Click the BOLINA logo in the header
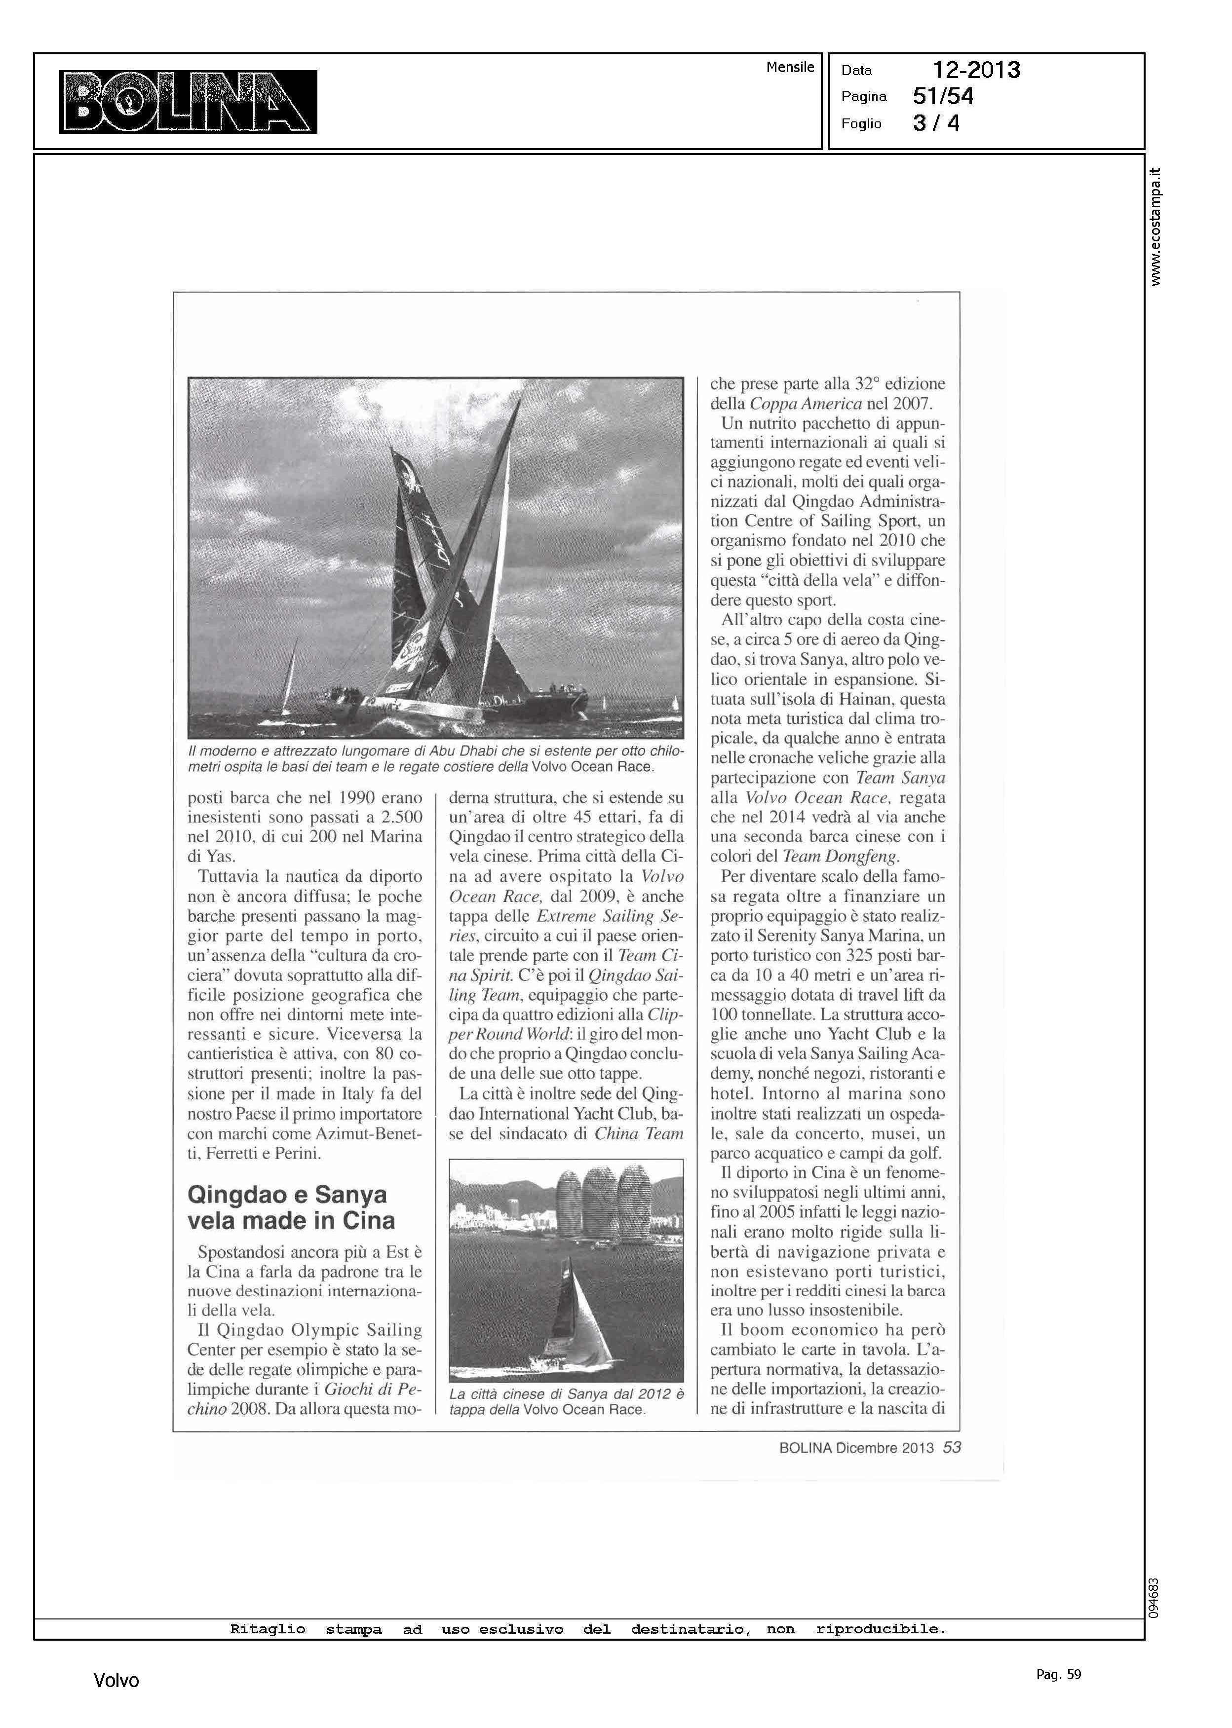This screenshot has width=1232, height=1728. [188, 102]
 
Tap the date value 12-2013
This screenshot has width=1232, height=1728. [976, 71]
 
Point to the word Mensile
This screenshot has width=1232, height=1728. [790, 68]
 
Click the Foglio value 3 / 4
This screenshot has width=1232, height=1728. [936, 123]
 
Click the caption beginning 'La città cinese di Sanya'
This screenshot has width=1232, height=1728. [566, 1401]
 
